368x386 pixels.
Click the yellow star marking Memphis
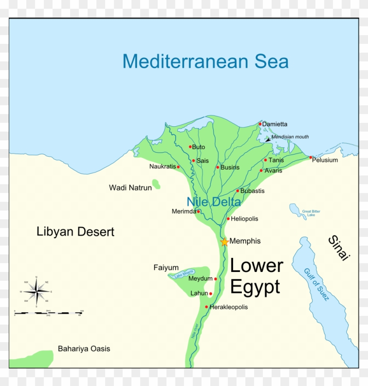[x=224, y=242]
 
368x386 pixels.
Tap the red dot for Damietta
[x=260, y=124]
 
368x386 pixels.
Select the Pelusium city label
[x=325, y=160]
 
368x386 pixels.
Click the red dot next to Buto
[x=190, y=147]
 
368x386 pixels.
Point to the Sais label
[x=202, y=161]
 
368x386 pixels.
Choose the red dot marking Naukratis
[x=178, y=167]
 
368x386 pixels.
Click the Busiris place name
[x=230, y=168]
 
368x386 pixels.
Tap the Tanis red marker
[x=265, y=160]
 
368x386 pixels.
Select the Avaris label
[x=273, y=171]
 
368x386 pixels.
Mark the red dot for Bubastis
[x=237, y=191]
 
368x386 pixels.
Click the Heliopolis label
[x=244, y=219]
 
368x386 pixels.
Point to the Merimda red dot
[x=198, y=211]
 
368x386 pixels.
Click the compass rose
[x=36, y=291]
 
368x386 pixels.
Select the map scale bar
[x=48, y=313]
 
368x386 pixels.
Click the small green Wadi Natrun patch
[x=156, y=184]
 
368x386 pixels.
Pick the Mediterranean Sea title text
[x=205, y=61]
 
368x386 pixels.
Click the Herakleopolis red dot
[x=206, y=307]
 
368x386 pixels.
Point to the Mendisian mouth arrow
[x=268, y=139]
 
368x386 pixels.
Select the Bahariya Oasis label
[x=84, y=349]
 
